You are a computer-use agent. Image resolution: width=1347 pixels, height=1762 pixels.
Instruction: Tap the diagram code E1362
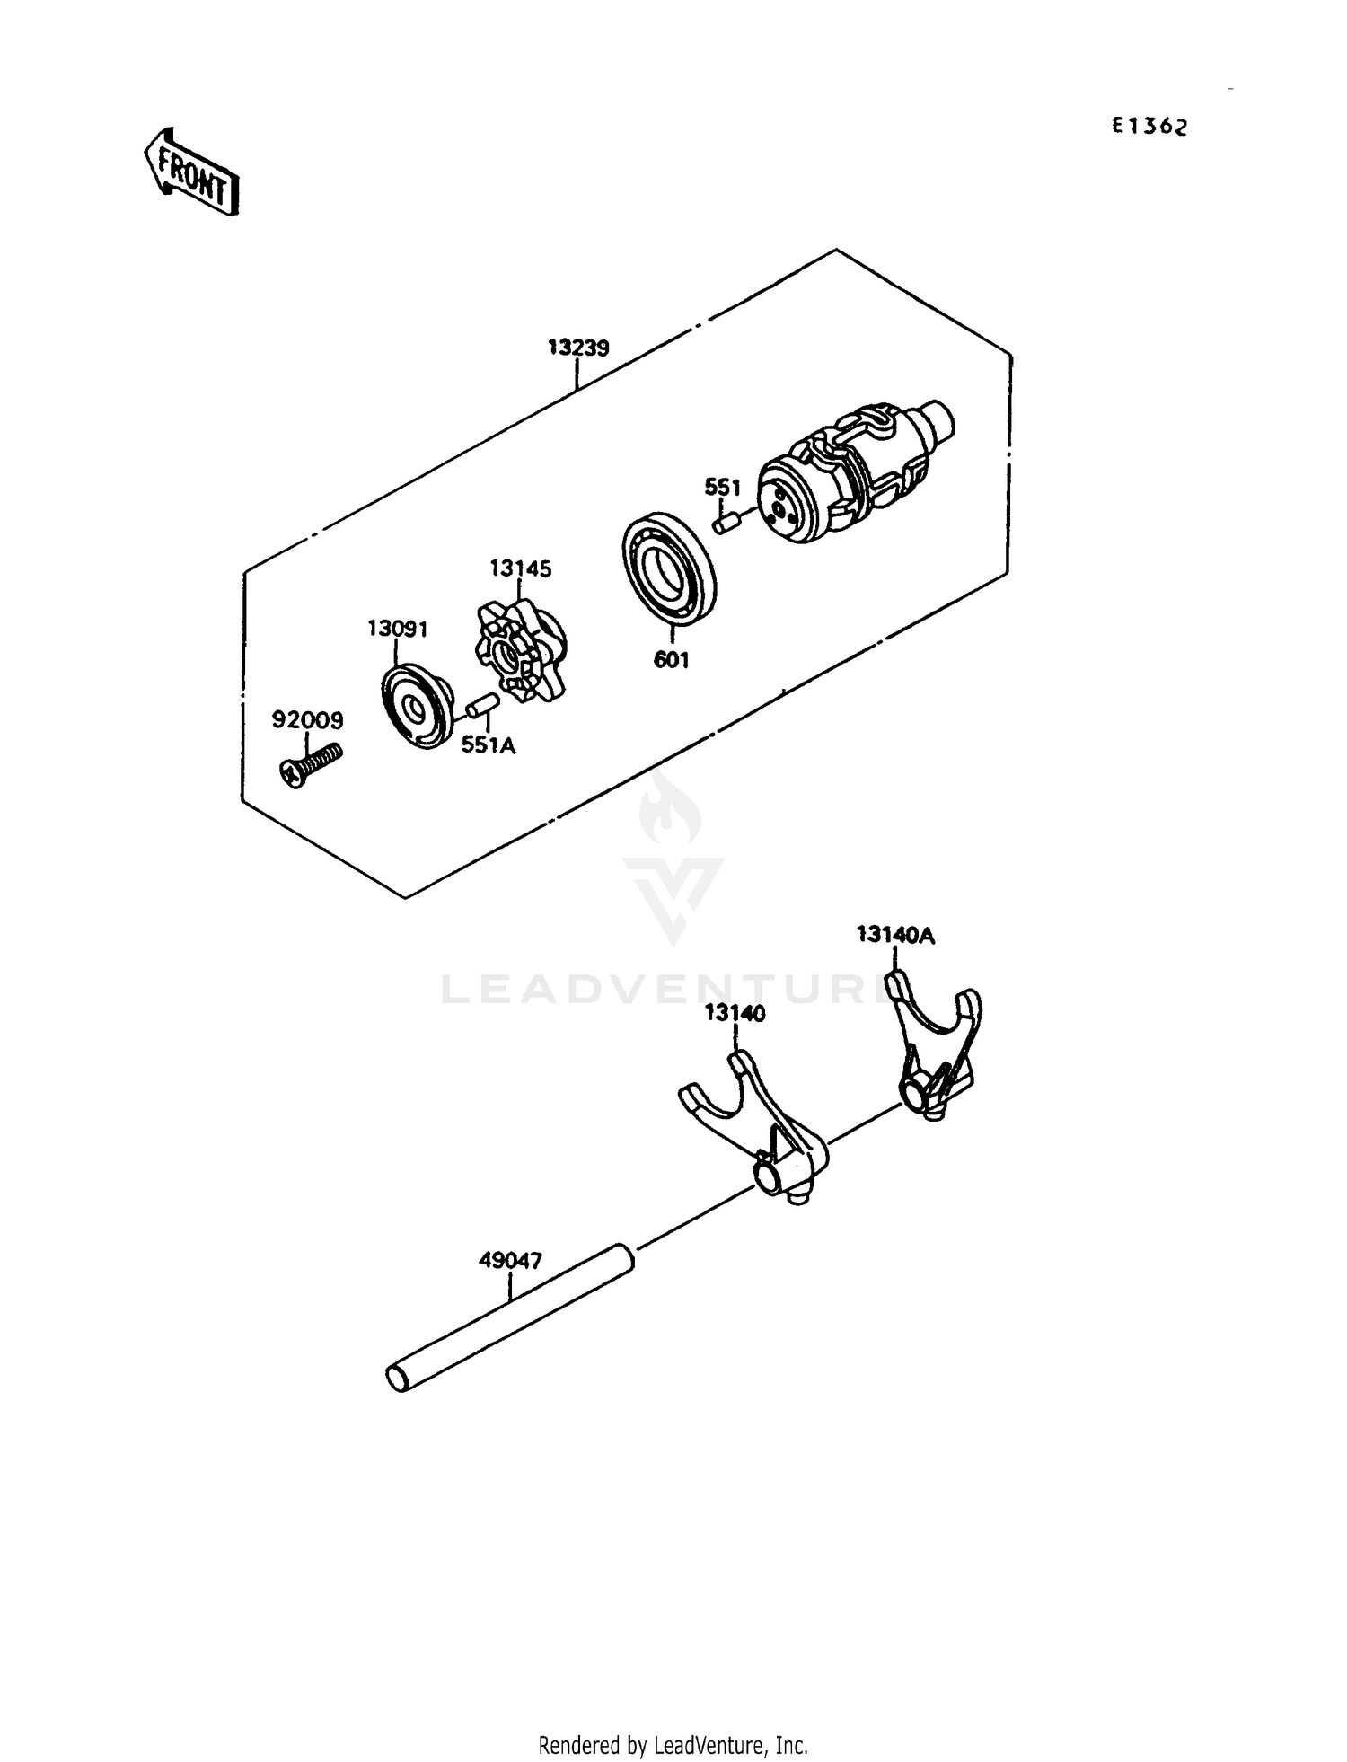1149,127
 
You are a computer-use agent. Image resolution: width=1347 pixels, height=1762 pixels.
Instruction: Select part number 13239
578,348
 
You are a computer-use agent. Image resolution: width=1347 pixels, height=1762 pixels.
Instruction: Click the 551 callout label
722,488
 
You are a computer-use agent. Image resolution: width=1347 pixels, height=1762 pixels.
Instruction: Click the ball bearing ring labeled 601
669,566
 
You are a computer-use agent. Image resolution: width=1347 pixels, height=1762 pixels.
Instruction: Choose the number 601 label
671,660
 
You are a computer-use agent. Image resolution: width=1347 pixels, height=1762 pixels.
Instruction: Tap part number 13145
520,568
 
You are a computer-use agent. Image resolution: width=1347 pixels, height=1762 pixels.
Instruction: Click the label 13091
397,629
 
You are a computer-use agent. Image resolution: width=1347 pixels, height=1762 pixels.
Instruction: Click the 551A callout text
489,744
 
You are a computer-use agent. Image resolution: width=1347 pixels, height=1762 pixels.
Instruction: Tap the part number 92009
307,719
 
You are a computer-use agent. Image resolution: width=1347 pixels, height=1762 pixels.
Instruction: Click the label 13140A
895,935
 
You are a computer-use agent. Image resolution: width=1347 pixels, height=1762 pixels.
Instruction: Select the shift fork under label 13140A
935,1046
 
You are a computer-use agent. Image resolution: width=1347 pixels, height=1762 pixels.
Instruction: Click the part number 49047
510,1261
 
